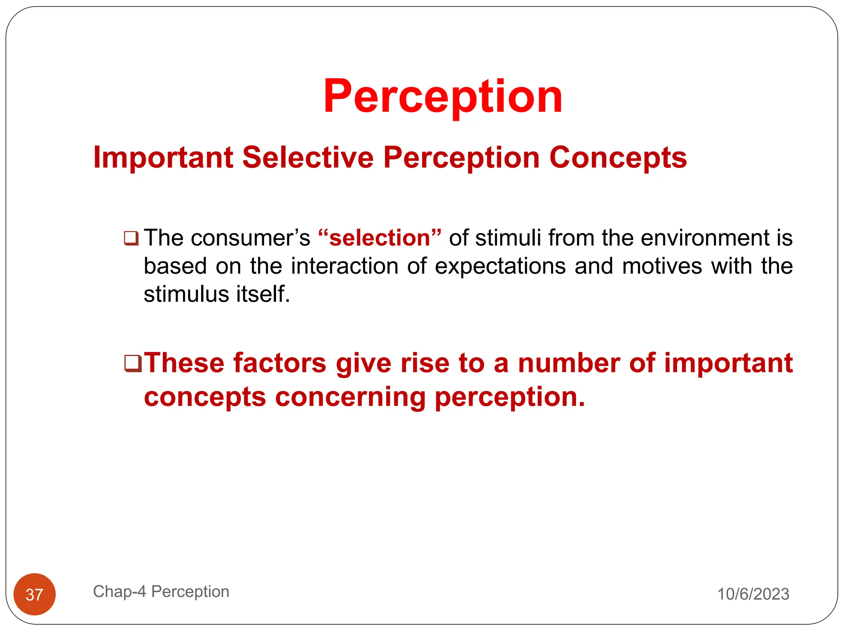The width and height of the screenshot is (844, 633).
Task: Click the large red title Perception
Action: (x=443, y=97)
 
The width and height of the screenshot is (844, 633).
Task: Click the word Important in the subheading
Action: (x=163, y=158)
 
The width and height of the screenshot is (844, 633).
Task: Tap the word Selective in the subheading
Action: (x=307, y=158)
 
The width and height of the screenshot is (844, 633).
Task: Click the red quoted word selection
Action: (x=380, y=238)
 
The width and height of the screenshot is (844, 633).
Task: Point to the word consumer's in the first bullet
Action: (x=250, y=238)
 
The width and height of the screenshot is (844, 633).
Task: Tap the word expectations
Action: (x=500, y=266)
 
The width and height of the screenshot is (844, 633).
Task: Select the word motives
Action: (x=662, y=266)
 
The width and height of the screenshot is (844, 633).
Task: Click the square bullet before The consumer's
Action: (x=131, y=239)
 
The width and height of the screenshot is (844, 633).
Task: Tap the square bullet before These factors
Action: (x=132, y=363)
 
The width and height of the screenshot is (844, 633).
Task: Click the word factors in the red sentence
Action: (x=280, y=363)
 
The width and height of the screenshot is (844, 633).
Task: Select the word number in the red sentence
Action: (x=568, y=363)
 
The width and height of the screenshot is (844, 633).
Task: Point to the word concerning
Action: (x=350, y=397)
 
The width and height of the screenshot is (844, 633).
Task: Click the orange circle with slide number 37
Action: (x=35, y=594)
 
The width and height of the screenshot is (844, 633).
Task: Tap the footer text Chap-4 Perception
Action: (x=161, y=591)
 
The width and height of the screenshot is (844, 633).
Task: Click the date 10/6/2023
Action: (x=753, y=594)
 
